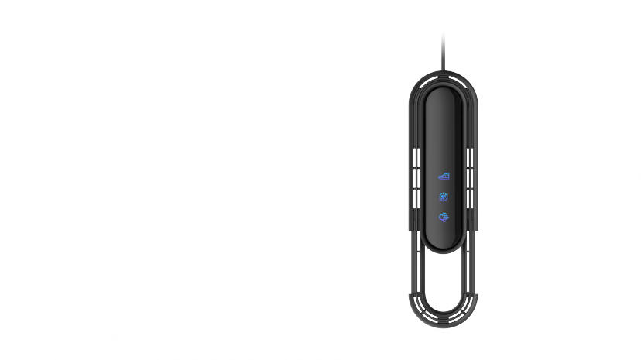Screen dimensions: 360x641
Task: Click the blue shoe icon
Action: pos(444,177)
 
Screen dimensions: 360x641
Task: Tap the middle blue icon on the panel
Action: pos(444,197)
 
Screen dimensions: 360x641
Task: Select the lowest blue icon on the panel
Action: pos(444,218)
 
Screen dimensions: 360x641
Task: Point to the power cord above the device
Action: pos(443,50)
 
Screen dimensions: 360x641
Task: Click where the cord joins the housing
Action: pos(443,72)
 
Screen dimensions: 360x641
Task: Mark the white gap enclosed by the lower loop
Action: pos(443,279)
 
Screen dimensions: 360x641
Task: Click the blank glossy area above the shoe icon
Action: pos(443,132)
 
